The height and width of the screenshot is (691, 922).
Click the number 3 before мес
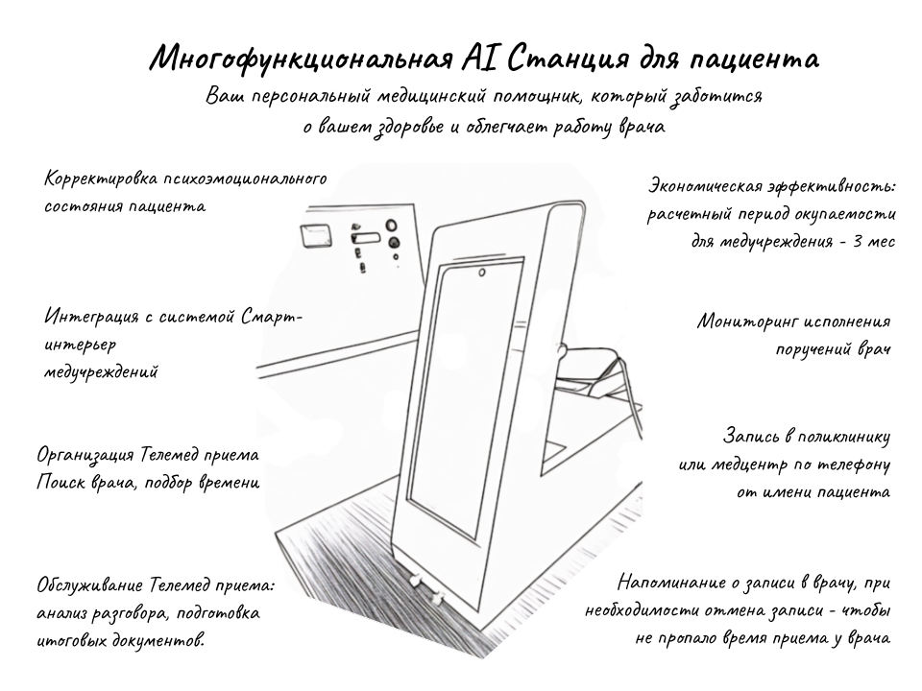[858, 241]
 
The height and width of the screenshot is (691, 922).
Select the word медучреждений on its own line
[101, 372]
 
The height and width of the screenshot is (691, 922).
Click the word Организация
[85, 455]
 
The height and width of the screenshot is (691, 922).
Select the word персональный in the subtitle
[311, 96]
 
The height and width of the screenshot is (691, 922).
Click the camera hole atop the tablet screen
[482, 273]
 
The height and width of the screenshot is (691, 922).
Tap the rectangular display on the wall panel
[316, 236]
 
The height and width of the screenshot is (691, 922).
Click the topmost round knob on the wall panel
[391, 226]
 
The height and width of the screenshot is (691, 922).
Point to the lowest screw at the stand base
[436, 599]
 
